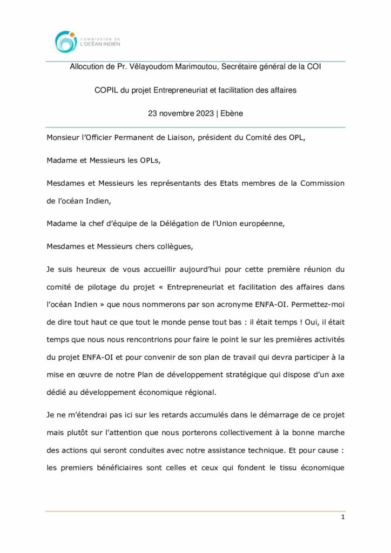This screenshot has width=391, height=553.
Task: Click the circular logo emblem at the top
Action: tap(66, 42)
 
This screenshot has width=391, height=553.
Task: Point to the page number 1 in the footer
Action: tap(342, 517)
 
